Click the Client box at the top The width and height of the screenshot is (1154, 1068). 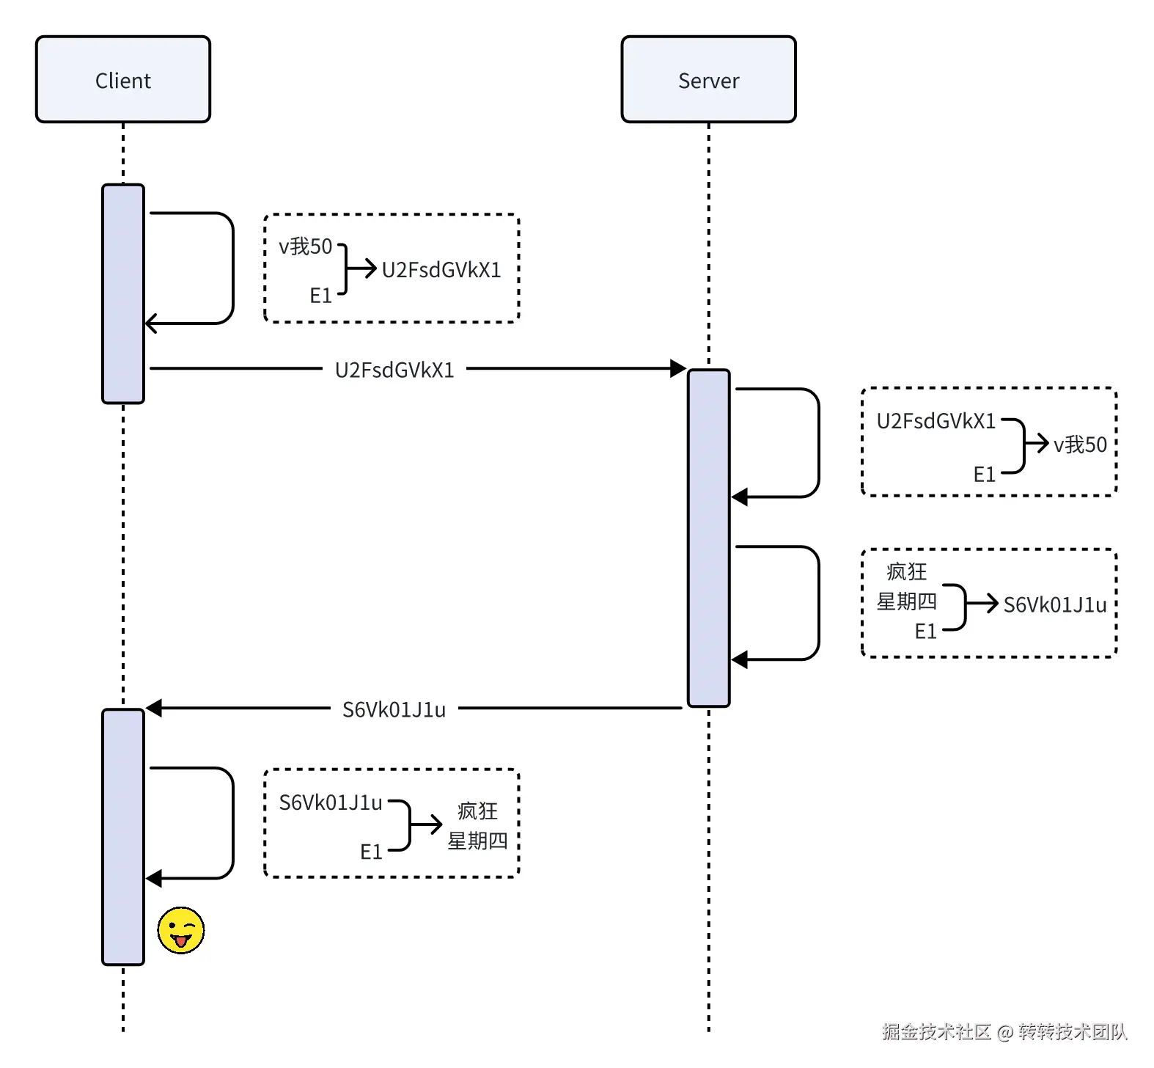(x=123, y=80)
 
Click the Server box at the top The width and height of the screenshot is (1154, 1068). (x=708, y=80)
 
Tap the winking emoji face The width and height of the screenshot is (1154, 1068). (x=181, y=931)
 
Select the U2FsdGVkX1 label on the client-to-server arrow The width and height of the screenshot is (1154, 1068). (x=394, y=370)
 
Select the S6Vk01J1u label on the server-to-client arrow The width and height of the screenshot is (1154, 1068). (x=394, y=709)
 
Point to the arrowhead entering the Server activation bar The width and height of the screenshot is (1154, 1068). (x=678, y=368)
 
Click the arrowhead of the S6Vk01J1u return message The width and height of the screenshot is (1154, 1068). (x=154, y=708)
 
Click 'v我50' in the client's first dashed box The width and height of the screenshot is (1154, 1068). (x=306, y=246)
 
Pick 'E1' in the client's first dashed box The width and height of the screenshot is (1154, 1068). (x=321, y=296)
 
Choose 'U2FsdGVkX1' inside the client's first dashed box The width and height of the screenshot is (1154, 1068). (x=441, y=270)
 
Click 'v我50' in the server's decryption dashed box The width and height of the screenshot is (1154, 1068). (x=1080, y=445)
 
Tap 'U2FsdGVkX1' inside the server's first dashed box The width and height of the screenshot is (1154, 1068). (x=936, y=421)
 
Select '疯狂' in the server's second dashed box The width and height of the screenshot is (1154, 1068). (x=907, y=571)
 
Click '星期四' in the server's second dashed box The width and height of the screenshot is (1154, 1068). (x=907, y=601)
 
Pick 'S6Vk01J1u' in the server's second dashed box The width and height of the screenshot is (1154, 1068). (x=1055, y=604)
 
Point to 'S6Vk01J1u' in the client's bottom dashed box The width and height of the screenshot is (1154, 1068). (x=331, y=802)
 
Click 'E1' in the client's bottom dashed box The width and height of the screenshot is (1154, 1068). (x=372, y=852)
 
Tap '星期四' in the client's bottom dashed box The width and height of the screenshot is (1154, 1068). (x=478, y=841)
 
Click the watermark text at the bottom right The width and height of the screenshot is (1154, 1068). (x=1004, y=1032)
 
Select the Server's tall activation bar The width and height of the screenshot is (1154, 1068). (x=708, y=538)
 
